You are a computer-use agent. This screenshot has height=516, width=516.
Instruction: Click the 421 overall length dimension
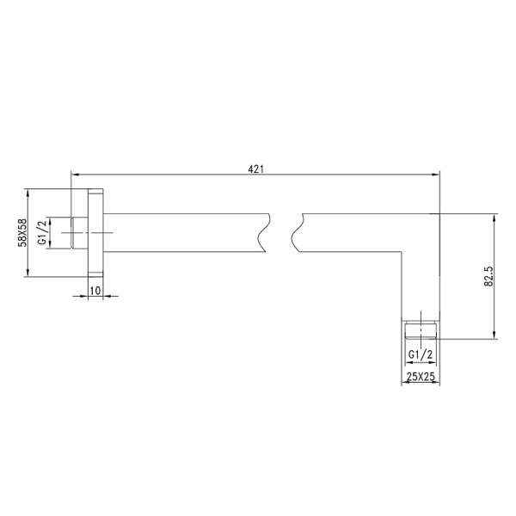pyautogui.click(x=255, y=170)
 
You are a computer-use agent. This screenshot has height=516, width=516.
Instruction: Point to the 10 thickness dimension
pyautogui.click(x=95, y=291)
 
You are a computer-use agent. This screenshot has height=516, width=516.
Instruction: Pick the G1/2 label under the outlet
pyautogui.click(x=421, y=353)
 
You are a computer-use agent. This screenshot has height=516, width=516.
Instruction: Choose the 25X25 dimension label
pyautogui.click(x=421, y=377)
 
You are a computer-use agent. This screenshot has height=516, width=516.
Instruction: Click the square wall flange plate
pyautogui.click(x=95, y=232)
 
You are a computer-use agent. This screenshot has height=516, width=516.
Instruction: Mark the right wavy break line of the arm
pyautogui.click(x=298, y=232)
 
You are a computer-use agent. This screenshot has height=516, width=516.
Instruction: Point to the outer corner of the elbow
pyautogui.click(x=439, y=214)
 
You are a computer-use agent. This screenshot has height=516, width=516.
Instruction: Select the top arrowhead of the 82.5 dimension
pyautogui.click(x=494, y=218)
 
